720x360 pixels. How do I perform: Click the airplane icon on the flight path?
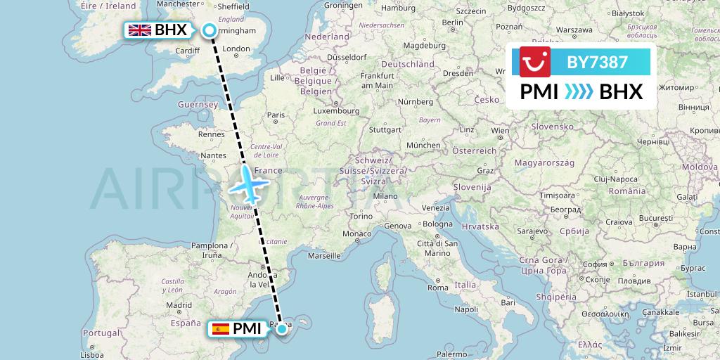(250, 184)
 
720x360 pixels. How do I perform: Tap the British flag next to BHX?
(140, 30)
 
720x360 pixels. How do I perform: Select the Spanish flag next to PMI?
(221, 328)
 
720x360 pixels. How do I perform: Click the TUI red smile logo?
(535, 62)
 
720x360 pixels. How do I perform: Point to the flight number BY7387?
(597, 62)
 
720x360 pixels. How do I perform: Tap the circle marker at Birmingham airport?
(210, 30)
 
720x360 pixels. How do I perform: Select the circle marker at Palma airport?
(282, 328)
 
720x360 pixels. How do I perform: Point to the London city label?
(236, 49)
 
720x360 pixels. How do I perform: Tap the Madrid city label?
(179, 304)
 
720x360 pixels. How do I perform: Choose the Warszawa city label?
(575, 31)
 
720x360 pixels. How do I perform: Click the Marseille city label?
(323, 256)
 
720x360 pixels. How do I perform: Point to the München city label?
(423, 145)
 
